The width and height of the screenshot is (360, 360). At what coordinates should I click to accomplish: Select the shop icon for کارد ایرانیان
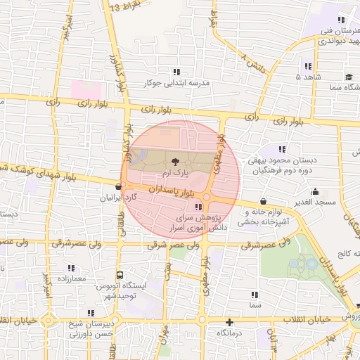pos(117,187)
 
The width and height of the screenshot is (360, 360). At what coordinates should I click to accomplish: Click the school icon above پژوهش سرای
pos(198,207)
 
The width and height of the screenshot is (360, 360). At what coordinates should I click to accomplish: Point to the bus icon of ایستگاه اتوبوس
pos(120,275)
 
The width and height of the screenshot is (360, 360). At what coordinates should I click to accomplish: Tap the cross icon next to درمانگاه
pos(229,322)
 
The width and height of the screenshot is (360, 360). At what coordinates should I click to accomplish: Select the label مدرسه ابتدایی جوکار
pos(176,83)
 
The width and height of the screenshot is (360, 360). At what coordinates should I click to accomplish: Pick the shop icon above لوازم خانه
pos(263,201)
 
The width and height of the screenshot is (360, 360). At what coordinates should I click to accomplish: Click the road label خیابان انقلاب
pos(306,319)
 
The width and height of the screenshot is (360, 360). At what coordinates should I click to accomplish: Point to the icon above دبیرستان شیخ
pos(90,313)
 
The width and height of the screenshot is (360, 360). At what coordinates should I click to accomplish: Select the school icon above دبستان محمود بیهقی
pos(282,149)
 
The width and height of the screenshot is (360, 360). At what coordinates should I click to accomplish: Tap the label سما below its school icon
pos(255,307)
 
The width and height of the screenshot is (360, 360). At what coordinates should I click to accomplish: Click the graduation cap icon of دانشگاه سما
pos(349,77)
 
